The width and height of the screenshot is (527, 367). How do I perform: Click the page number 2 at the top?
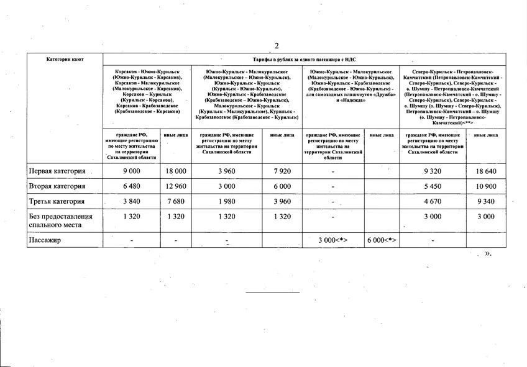[277, 45]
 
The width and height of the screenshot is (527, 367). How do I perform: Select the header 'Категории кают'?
[65, 60]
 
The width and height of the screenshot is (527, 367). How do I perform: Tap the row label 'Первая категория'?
[57, 171]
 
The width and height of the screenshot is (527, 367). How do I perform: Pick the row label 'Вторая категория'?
[57, 186]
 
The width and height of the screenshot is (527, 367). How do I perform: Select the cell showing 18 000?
[176, 171]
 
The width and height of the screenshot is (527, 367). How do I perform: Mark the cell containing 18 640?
[485, 171]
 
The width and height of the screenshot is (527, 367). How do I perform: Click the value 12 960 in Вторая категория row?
[176, 186]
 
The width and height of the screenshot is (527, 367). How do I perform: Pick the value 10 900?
[485, 186]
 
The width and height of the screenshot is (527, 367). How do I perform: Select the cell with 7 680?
[176, 201]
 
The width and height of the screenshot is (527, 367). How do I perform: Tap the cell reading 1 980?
[227, 201]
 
